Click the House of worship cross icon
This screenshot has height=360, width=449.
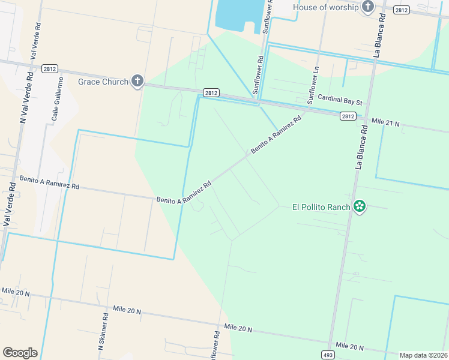click(367, 7)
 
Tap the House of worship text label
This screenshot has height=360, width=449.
click(325, 7)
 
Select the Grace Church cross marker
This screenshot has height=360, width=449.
click(137, 81)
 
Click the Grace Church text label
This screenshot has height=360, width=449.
click(103, 82)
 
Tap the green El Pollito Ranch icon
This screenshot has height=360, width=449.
click(360, 207)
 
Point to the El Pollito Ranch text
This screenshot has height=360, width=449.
click(321, 208)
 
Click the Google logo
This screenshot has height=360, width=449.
click(20, 353)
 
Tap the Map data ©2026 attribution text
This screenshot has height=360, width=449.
click(423, 355)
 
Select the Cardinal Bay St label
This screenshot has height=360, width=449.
click(340, 100)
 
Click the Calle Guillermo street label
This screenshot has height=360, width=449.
click(57, 98)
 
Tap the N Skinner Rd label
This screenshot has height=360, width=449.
click(103, 332)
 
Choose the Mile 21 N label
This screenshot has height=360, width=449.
click(385, 122)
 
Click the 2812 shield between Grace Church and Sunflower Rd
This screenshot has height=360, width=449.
click(211, 93)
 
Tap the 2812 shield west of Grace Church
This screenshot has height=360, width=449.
click(50, 70)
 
